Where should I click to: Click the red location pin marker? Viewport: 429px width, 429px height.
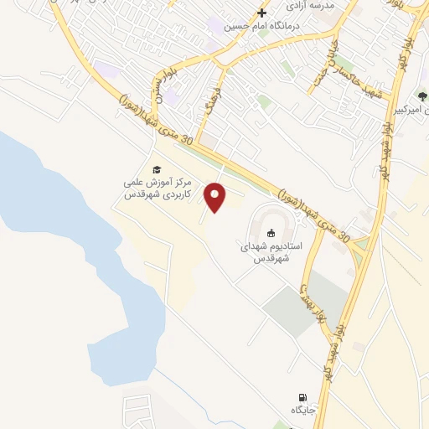click(217, 198)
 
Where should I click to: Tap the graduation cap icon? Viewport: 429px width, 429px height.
click(156, 168)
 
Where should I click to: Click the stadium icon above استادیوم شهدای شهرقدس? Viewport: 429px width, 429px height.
click(271, 233)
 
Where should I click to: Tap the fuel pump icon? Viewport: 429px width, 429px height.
click(302, 397)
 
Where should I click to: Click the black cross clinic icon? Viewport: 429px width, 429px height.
click(261, 13)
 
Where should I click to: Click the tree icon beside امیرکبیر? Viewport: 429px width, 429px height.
click(422, 96)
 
